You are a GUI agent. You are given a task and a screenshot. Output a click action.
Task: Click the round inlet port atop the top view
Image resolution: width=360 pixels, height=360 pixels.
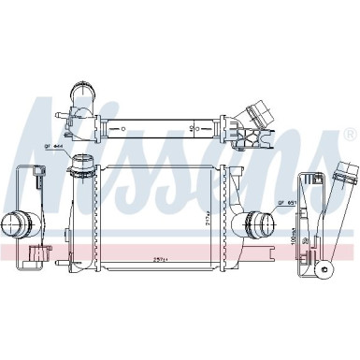[80, 95]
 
